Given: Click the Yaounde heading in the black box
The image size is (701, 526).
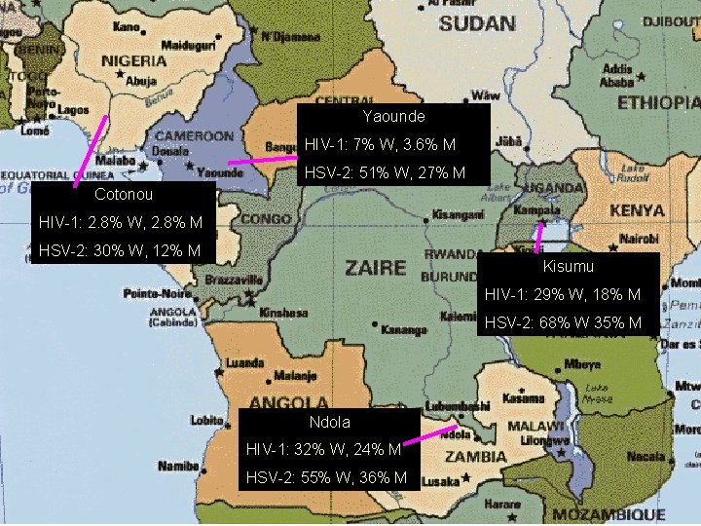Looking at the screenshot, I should point(393,117).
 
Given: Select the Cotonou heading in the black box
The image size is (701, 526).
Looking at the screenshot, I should point(124,195).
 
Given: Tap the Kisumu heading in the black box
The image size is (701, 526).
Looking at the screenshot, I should point(569,266).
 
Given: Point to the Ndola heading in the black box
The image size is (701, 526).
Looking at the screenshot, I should point(329,423).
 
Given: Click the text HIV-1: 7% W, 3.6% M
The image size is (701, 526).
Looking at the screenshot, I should point(380,145).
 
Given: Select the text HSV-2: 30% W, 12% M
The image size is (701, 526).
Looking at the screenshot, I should point(120,251).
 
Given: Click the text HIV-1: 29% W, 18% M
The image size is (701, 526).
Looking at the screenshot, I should point(562,294).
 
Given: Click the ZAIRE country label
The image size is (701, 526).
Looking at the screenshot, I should point(375,266).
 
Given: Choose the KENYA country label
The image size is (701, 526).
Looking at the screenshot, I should point(638,210).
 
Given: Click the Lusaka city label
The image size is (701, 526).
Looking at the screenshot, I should point(441,482).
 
